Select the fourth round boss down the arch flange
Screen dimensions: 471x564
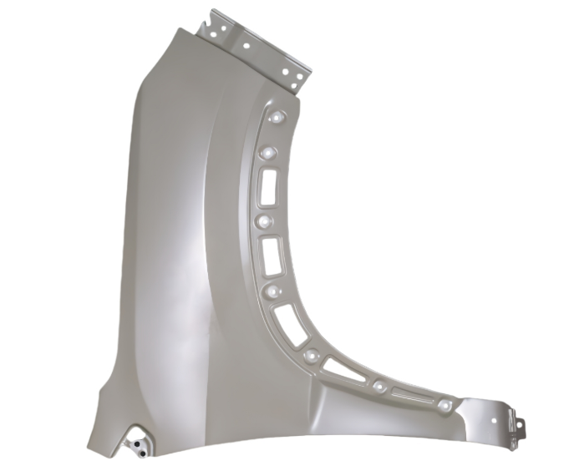pyautogui.click(x=274, y=291)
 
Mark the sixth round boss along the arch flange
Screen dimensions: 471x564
pyautogui.click(x=379, y=386)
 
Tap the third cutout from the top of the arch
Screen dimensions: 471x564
pyautogui.click(x=292, y=323)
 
